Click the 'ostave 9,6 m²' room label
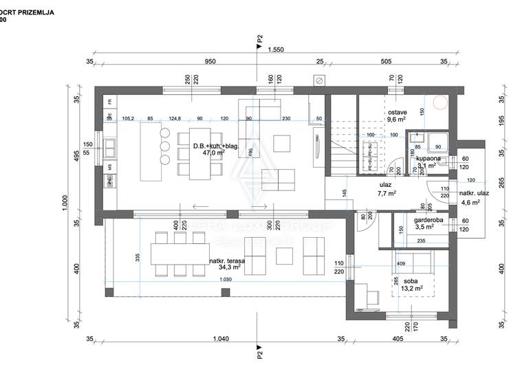pyautogui.click(x=397, y=115)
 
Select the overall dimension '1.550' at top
pyautogui.click(x=276, y=49)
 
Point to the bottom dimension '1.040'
pyautogui.click(x=221, y=339)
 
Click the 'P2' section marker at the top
pyautogui.click(x=259, y=40)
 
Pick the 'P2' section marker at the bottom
pyautogui.click(x=259, y=355)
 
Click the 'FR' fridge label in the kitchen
pyautogui.click(x=110, y=102)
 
